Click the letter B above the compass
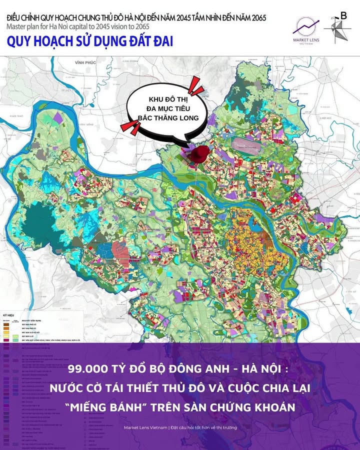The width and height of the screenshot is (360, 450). click(343, 15)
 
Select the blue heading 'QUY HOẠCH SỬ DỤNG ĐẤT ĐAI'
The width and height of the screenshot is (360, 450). click(90, 41)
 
